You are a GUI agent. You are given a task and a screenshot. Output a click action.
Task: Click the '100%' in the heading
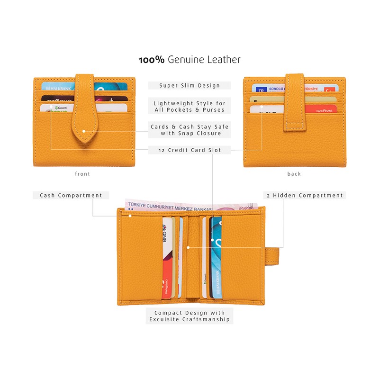pos(151,60)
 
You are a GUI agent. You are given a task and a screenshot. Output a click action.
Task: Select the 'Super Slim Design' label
pos(189,86)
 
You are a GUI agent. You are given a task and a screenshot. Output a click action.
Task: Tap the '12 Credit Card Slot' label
pos(189,150)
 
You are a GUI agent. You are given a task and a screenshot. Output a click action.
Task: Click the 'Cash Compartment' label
pos(71,195)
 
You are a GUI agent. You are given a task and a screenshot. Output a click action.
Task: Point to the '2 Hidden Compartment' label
pos(305,195)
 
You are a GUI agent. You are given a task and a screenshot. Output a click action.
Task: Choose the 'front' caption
pos(82,174)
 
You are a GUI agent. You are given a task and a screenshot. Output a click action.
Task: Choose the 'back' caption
pos(294,174)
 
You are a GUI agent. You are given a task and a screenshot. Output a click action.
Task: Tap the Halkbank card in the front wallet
pos(57,87)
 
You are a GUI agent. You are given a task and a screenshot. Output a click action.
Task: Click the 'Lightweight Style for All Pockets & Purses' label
pos(189,107)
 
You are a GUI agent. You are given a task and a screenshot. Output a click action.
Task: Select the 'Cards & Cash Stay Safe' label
pos(189,126)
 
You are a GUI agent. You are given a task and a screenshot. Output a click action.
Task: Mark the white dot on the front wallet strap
pos(83,131)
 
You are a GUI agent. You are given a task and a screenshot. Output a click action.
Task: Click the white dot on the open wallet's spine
pos(188,247)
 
